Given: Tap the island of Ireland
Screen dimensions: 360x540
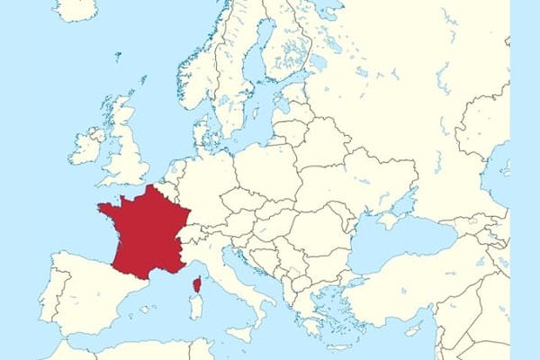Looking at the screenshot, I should coord(88,146).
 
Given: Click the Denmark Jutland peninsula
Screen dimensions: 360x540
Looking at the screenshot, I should coord(205,135).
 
